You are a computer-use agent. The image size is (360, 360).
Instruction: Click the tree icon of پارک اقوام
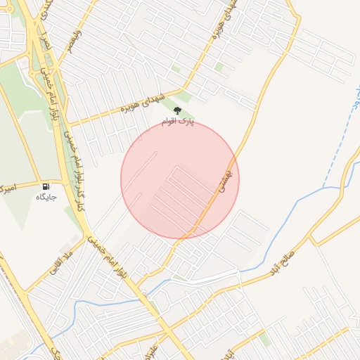176,111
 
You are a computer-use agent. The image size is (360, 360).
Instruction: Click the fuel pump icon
46,187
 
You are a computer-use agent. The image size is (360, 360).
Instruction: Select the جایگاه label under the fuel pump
46,198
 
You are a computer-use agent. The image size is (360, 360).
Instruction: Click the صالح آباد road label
285,258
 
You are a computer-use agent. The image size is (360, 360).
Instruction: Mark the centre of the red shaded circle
180,180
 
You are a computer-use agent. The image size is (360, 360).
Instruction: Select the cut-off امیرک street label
6,188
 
